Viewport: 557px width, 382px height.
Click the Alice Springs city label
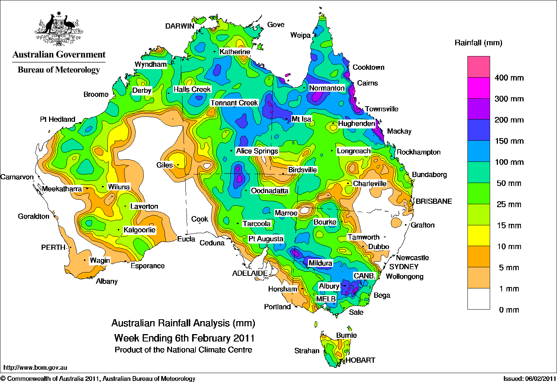pyautogui.click(x=257, y=151)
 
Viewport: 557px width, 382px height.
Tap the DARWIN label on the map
pyautogui.click(x=180, y=26)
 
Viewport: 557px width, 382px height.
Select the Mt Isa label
pyautogui.click(x=301, y=119)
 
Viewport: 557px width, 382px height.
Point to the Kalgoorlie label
pyautogui.click(x=139, y=230)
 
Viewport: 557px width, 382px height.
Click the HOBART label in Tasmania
pyautogui.click(x=360, y=360)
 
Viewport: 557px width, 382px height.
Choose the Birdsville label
pyautogui.click(x=302, y=170)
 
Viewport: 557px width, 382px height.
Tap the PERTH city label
pyautogui.click(x=53, y=248)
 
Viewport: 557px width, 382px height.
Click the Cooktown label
pyautogui.click(x=368, y=67)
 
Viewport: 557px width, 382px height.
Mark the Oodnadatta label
pyautogui.click(x=269, y=191)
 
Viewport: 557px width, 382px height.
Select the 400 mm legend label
pyautogui.click(x=509, y=78)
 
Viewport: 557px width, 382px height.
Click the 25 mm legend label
pyautogui.click(x=509, y=205)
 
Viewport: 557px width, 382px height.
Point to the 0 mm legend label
pyautogui.click(x=509, y=310)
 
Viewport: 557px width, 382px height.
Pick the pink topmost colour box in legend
pyautogui.click(x=479, y=67)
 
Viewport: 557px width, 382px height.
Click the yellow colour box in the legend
pyautogui.click(x=479, y=236)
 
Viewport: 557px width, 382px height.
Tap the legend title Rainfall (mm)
pyautogui.click(x=478, y=43)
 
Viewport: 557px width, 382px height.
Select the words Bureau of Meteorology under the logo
pyautogui.click(x=59, y=70)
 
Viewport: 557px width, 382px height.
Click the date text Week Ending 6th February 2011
pyautogui.click(x=184, y=338)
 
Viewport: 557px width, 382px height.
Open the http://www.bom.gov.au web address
pyautogui.click(x=35, y=368)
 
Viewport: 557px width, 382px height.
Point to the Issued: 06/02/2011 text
pyautogui.click(x=529, y=378)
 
